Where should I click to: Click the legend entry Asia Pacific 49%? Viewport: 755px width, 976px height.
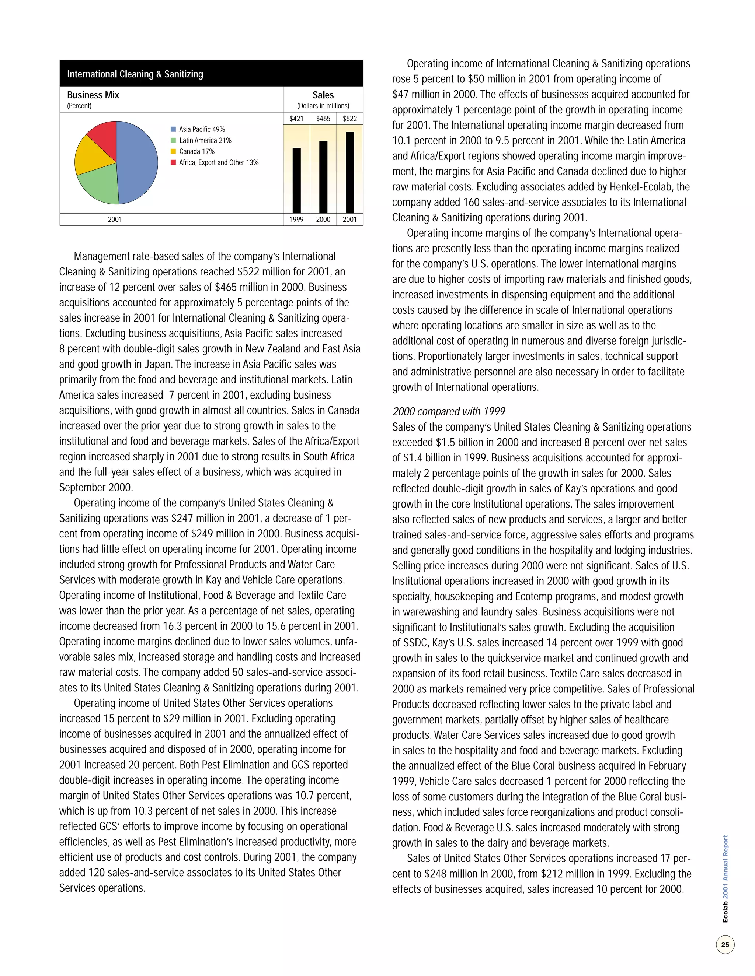202,129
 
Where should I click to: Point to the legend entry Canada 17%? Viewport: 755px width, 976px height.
197,151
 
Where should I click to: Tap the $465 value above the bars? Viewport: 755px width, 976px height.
323,119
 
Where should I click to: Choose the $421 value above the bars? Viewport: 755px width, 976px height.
296,119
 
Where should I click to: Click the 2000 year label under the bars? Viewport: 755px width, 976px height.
323,220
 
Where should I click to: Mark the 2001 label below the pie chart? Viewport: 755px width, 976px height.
115,220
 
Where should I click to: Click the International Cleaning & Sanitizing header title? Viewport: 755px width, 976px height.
135,74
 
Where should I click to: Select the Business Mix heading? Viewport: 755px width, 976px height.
93,95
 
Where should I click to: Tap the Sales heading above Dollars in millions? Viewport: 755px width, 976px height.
323,95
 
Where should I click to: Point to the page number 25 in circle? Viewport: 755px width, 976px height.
725,944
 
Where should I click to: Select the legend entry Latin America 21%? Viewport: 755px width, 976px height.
205,140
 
